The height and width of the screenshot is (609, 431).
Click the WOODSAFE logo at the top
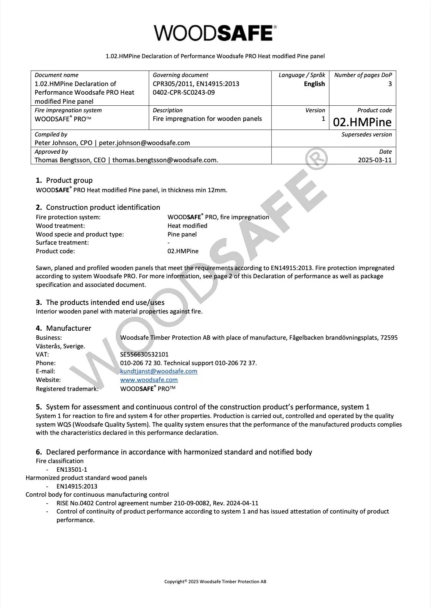click(x=215, y=33)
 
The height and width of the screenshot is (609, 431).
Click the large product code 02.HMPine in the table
click(x=362, y=122)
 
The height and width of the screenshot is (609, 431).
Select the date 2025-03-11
click(x=375, y=160)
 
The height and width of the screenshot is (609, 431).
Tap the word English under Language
click(x=314, y=84)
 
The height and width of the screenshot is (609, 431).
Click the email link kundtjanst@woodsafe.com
click(x=159, y=371)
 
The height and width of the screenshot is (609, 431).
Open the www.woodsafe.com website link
click(x=149, y=380)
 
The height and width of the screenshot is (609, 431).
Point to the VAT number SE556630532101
click(x=144, y=354)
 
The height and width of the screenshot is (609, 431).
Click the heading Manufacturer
click(x=68, y=328)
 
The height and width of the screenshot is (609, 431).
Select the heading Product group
click(x=69, y=180)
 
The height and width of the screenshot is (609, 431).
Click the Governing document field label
click(x=180, y=75)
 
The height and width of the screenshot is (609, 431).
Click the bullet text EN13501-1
click(x=72, y=470)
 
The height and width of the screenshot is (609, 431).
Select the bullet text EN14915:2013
click(x=77, y=486)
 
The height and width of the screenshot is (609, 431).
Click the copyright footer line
click(x=215, y=582)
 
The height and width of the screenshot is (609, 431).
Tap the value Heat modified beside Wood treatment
click(x=187, y=226)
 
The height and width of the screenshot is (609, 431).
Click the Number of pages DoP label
click(x=363, y=75)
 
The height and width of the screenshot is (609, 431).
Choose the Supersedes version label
click(x=366, y=134)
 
